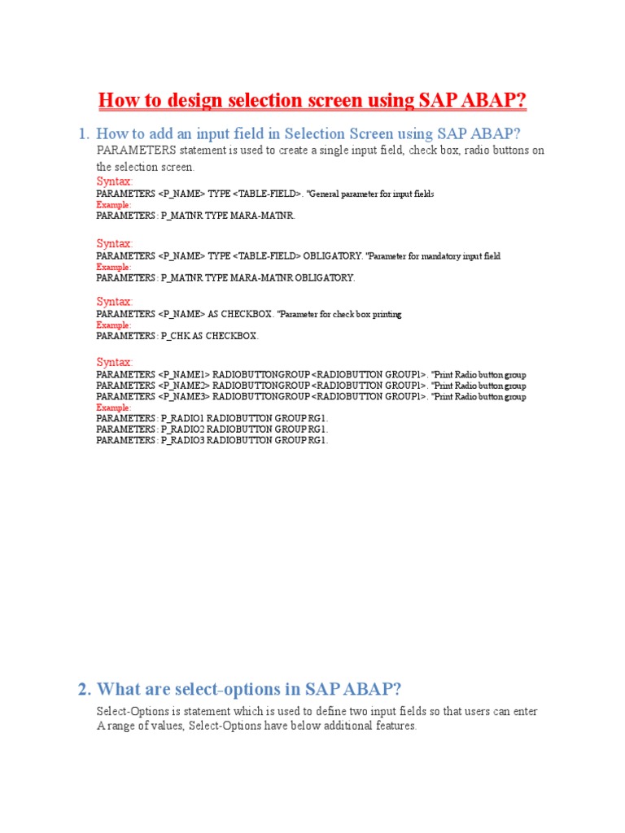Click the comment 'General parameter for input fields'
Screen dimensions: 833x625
coord(371,194)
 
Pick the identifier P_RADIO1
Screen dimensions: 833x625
coord(183,418)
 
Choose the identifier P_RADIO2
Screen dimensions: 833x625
coord(183,429)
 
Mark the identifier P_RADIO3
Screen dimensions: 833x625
coord(183,440)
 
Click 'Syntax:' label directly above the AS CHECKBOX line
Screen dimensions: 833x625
coord(115,302)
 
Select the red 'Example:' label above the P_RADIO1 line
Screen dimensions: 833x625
coord(113,408)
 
